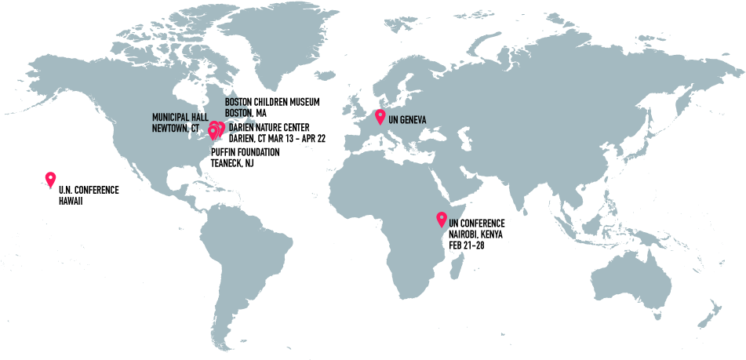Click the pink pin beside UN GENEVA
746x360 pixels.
[380, 117]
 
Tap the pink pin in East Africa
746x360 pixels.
[442, 219]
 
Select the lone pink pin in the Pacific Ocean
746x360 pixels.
[50, 179]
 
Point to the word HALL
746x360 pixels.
[199, 118]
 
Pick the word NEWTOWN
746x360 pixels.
[169, 127]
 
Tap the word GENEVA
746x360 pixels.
[413, 119]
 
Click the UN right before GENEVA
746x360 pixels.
[393, 119]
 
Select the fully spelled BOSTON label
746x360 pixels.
[237, 112]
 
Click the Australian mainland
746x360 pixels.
[631, 278]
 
